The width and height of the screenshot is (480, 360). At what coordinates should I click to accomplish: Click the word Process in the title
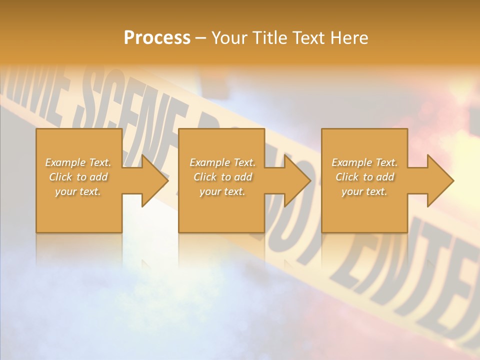tap(157, 38)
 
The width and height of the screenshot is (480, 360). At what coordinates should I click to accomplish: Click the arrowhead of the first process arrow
tap(155, 180)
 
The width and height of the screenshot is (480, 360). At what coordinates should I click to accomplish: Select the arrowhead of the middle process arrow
tap(297, 180)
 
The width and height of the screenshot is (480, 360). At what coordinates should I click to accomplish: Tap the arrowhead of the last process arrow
tap(440, 180)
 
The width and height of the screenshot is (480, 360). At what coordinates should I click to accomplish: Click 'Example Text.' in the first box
tap(78, 162)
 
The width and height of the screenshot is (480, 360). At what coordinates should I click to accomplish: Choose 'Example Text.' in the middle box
tap(222, 162)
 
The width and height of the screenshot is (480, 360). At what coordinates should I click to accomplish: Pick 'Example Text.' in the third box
tap(364, 162)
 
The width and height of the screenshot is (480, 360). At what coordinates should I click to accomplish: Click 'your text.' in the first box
tap(78, 191)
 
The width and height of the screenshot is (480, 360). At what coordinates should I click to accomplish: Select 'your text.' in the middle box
tap(222, 191)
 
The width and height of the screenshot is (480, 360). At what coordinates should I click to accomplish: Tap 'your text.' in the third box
tap(364, 191)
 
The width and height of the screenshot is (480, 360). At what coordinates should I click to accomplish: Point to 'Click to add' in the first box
tap(78, 177)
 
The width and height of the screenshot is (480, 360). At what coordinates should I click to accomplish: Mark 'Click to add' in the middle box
tap(222, 177)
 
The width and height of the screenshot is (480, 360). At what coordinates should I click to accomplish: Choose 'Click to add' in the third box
tap(364, 177)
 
